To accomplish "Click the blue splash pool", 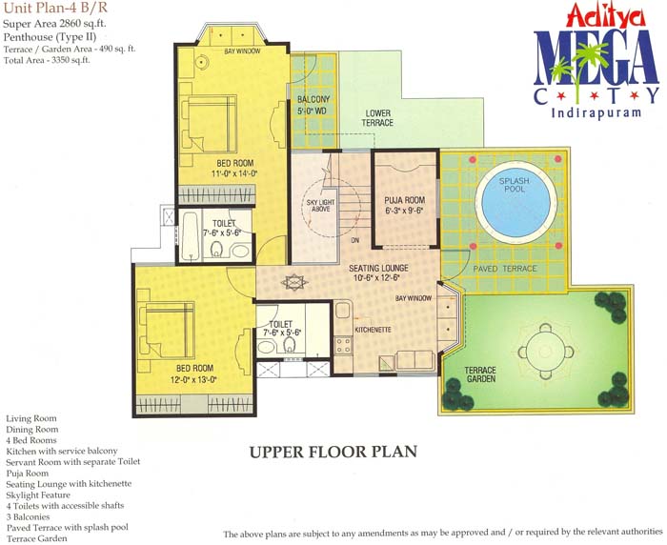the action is [515, 203].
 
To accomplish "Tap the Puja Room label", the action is [405, 200].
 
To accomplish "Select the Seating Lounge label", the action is [378, 268].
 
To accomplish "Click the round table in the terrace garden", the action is [546, 352].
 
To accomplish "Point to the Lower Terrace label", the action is [377, 118].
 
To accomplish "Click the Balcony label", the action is [313, 99].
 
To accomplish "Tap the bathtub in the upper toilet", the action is [190, 236].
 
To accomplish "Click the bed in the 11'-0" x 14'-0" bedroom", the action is [209, 124].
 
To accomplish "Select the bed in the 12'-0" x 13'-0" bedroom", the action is [167, 331].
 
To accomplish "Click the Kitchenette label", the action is [374, 330].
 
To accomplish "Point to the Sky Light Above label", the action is [321, 206].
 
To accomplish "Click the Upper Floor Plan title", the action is [333, 452].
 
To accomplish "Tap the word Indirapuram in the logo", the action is [596, 112].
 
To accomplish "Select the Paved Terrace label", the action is [505, 269].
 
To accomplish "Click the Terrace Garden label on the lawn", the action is [480, 374].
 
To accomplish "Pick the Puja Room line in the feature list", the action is [28, 474].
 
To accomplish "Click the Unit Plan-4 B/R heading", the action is [55, 8].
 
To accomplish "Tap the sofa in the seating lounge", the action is [415, 360].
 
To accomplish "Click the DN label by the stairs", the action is [355, 240].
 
